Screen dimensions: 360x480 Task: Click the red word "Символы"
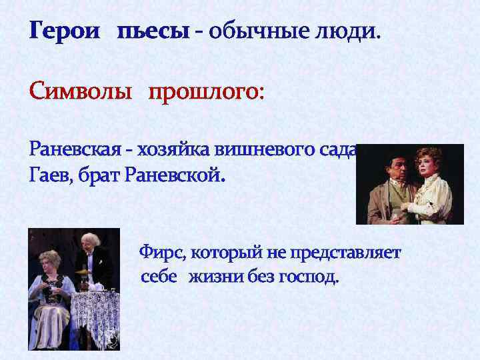(81, 90)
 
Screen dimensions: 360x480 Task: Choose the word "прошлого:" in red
(206, 90)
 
